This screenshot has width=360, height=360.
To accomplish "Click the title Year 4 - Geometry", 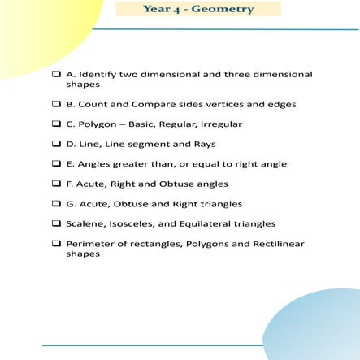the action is click(197, 9).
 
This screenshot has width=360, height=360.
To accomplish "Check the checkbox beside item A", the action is click(56, 74).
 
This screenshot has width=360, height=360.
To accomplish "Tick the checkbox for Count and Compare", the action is click(56, 104).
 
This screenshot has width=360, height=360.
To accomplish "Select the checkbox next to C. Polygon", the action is click(56, 124).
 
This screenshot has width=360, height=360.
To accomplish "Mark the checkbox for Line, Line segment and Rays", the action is click(56, 144).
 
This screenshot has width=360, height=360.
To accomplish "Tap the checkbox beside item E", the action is click(56, 163).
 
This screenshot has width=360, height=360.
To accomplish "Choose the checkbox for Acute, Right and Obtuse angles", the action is click(56, 184).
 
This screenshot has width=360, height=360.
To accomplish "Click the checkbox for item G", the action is click(56, 204).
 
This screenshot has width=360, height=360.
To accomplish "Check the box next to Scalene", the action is click(56, 223).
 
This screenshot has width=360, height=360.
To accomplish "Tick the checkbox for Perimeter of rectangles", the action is click(56, 243).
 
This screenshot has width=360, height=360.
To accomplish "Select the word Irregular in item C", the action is click(219, 124).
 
